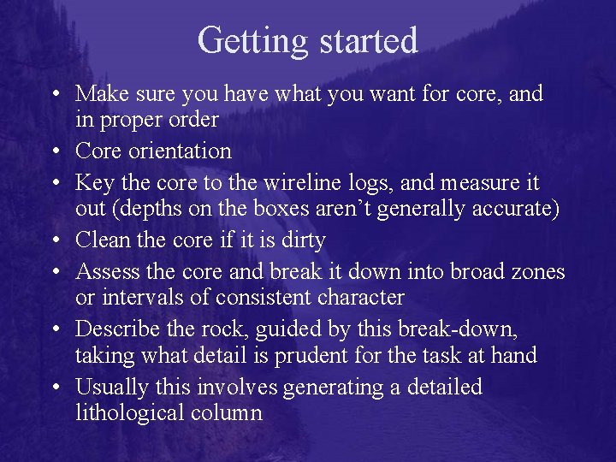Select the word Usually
pos(110,388)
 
